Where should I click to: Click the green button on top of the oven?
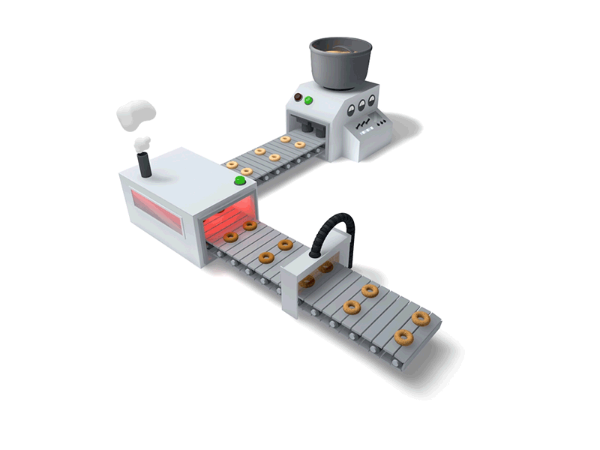(241, 180)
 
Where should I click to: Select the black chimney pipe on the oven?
(145, 165)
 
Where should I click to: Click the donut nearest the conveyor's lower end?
(403, 337)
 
